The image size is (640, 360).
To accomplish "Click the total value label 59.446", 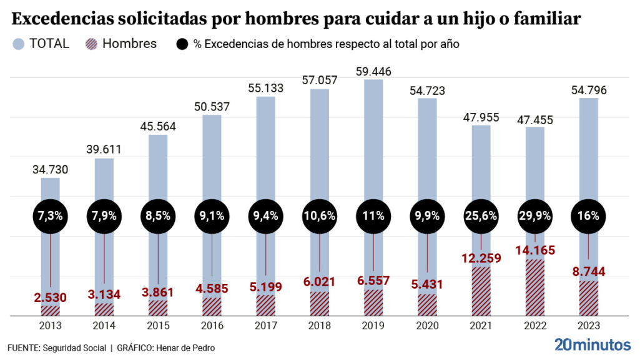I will [373, 72].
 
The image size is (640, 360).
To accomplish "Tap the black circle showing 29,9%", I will [534, 216].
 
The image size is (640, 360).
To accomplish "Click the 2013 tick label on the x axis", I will [51, 326].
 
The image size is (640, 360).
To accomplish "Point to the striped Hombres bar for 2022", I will [534, 287].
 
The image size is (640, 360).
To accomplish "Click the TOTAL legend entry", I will [41, 44].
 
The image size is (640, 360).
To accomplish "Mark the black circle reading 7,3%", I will [51, 216].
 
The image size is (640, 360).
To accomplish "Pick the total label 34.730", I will [51, 170].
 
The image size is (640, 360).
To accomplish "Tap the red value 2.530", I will [51, 297].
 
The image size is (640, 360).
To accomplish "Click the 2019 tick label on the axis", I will [373, 326].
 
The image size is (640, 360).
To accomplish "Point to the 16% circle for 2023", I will [588, 216].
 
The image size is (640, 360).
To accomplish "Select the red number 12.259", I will [481, 258].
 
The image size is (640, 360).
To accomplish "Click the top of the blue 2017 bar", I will [265, 99].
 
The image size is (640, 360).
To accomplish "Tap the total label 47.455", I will [534, 119].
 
